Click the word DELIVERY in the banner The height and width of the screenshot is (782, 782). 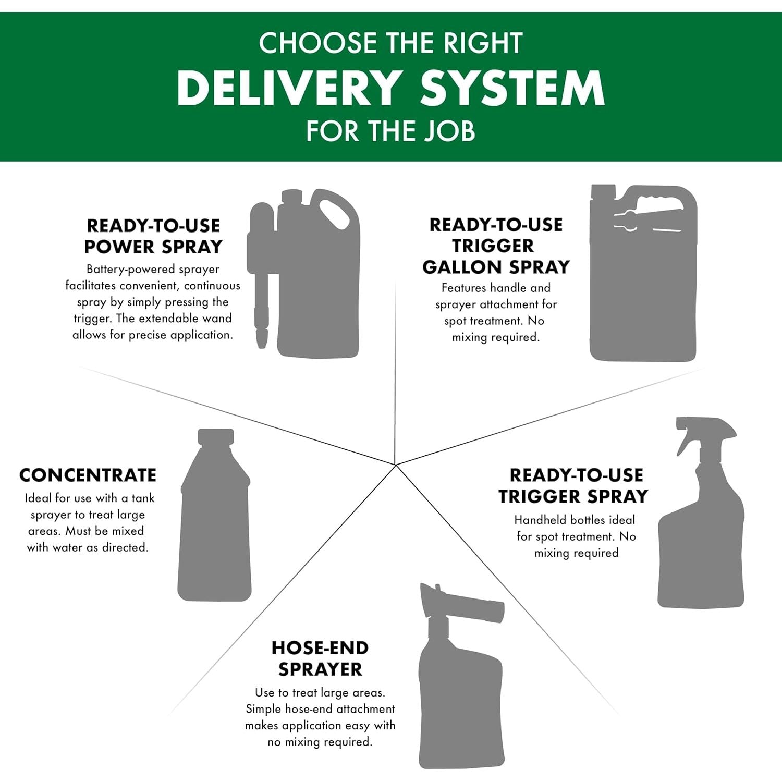pos(289,88)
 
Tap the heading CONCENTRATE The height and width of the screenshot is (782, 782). pos(88,475)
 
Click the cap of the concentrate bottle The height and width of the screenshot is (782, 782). pos(216,436)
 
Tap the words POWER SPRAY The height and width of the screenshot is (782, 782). pos(153,247)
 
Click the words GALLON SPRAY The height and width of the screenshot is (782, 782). pos(496,267)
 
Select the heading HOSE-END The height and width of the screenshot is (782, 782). pos(320,648)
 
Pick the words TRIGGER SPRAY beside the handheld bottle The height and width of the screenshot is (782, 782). pos(573,496)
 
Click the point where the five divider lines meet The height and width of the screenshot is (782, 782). pos(396,465)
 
